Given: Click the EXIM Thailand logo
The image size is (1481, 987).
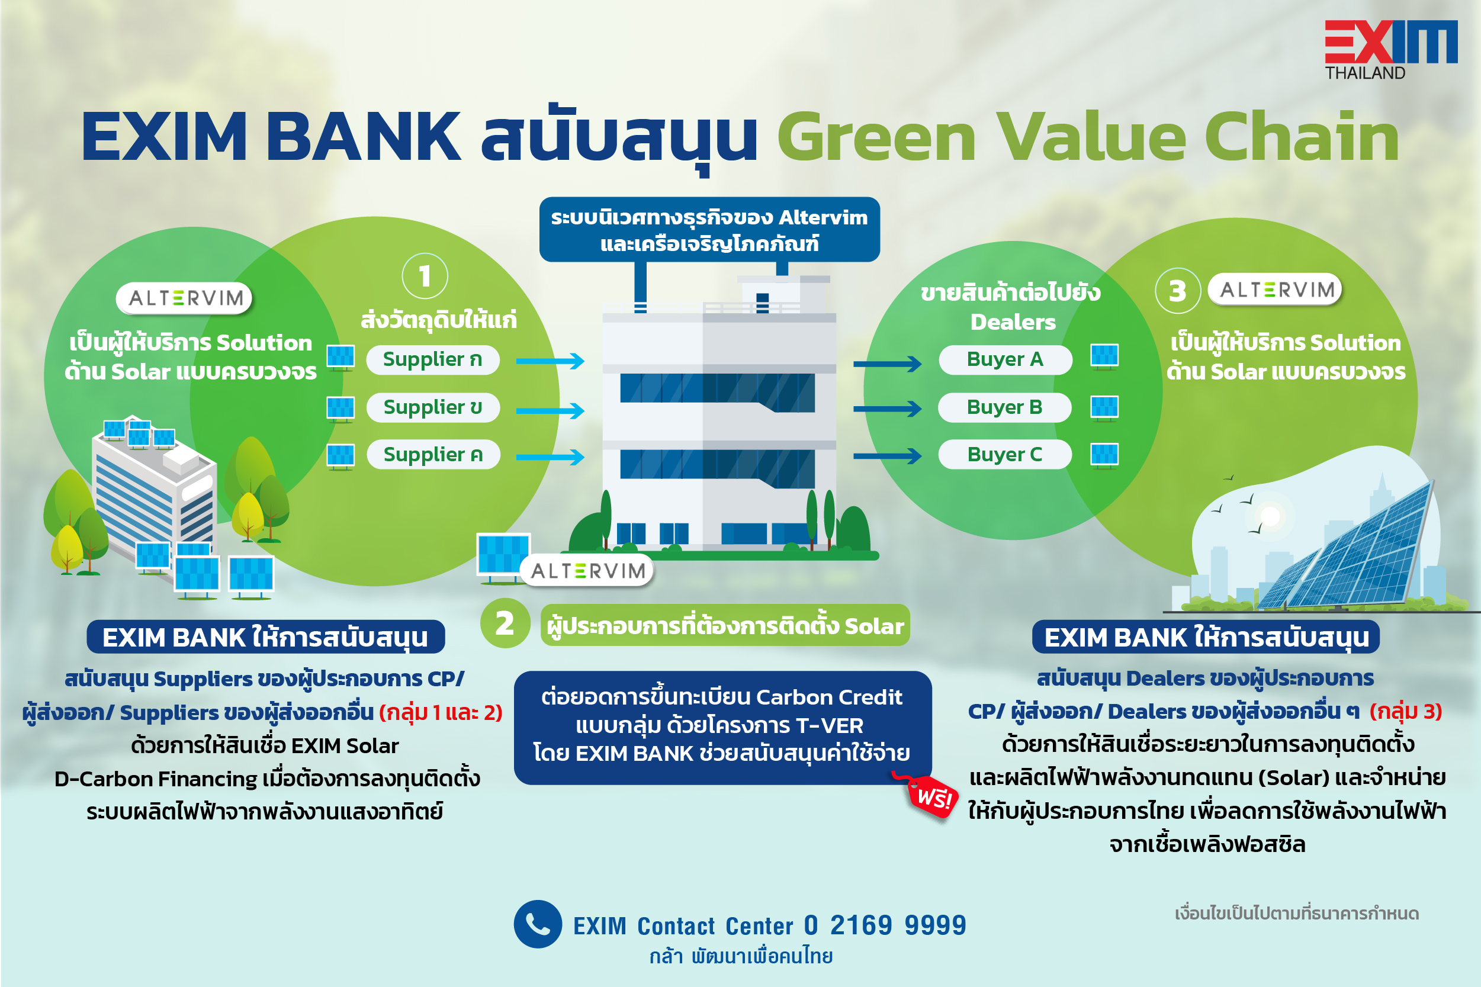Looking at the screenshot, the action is [1390, 50].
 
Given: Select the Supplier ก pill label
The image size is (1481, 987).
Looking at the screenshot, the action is [432, 359].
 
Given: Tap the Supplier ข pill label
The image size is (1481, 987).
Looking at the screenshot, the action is [432, 407].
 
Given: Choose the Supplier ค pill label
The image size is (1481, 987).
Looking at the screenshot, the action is [432, 455].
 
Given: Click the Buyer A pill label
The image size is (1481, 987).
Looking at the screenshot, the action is [1004, 359].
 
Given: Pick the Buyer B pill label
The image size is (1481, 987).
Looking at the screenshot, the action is [1004, 407].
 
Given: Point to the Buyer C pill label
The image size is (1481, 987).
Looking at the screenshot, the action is [1004, 455].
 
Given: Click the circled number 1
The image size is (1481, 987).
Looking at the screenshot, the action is [425, 277].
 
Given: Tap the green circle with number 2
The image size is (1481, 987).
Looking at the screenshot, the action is [505, 623].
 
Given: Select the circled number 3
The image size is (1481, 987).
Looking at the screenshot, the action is [1178, 291].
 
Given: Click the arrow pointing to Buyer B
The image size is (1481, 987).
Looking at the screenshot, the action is [888, 409].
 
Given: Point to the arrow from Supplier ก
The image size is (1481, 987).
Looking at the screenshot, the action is [550, 361].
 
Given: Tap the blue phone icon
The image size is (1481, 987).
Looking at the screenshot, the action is [538, 924].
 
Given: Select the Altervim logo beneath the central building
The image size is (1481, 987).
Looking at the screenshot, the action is [588, 570].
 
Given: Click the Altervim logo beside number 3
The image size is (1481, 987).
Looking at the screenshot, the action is [1276, 290].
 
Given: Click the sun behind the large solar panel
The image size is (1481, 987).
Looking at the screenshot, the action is [1270, 516].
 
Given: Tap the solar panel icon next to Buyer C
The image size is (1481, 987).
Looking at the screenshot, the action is [1104, 455].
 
